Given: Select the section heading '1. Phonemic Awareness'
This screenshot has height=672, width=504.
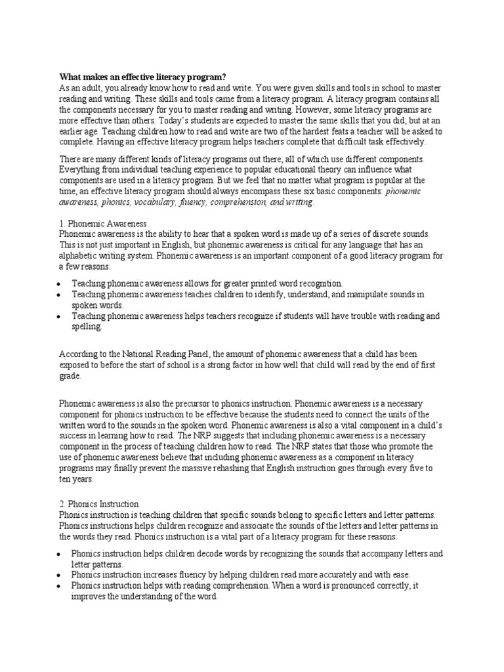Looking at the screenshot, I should tap(102, 224).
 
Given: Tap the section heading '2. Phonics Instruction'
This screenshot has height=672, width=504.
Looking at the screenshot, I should tap(98, 504).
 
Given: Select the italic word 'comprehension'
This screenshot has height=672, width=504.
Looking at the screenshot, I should tap(238, 202).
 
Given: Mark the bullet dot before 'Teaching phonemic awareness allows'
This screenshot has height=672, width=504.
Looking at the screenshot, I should tap(60, 284).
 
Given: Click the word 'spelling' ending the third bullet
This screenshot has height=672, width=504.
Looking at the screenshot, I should tap(87, 326).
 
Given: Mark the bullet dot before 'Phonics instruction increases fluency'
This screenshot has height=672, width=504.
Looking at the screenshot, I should tap(60, 576).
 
